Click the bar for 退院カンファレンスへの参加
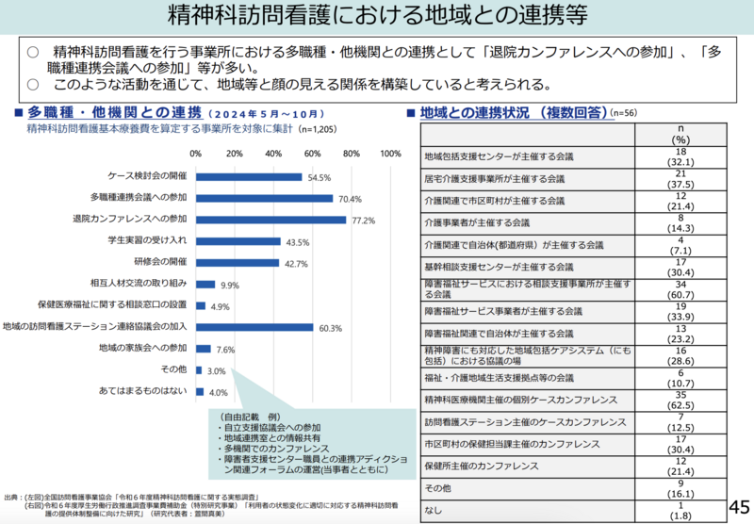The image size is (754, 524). [x=270, y=220]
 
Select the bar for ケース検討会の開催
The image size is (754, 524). [x=249, y=176]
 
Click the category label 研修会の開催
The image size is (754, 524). [x=160, y=262]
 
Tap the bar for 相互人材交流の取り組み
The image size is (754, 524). [x=205, y=284]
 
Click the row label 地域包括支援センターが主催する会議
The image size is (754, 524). [x=500, y=156]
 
